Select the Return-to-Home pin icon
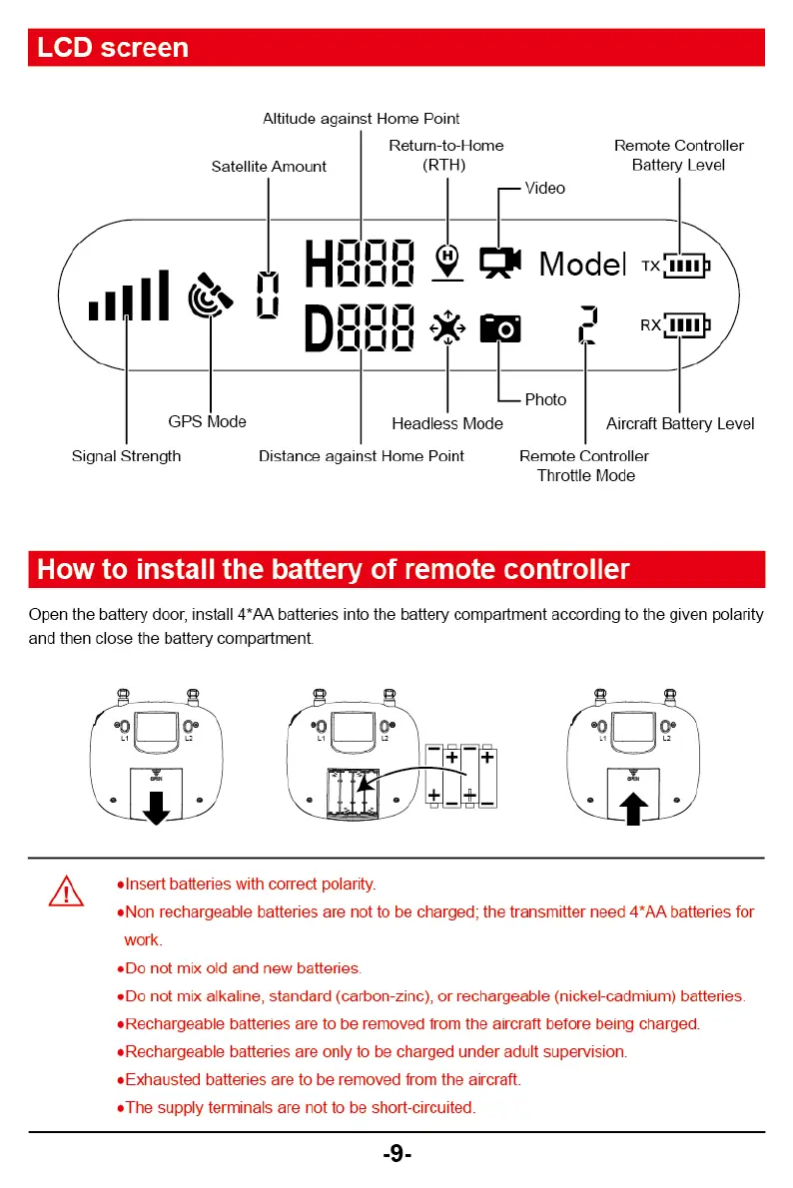pos(447,261)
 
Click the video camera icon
pos(499,261)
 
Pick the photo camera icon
pos(500,327)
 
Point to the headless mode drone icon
pos(447,327)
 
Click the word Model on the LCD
pos(582,264)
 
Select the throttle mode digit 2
pos(587,325)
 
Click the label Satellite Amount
pos(269,167)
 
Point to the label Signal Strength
pos(127,456)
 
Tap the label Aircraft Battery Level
pos(680,424)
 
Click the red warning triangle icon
pos(66,890)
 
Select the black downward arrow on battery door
pos(156,808)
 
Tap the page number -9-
pos(396,1155)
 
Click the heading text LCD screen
pos(113,48)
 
